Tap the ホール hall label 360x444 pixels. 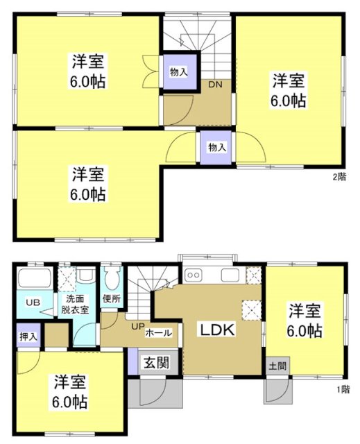pyautogui.click(x=159, y=333)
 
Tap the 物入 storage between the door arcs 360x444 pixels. pyautogui.click(x=217, y=148)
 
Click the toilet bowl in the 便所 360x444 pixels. pyautogui.click(x=112, y=280)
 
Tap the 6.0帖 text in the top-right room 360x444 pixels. pyautogui.click(x=289, y=101)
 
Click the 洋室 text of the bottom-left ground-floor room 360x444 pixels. pyautogui.click(x=69, y=382)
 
